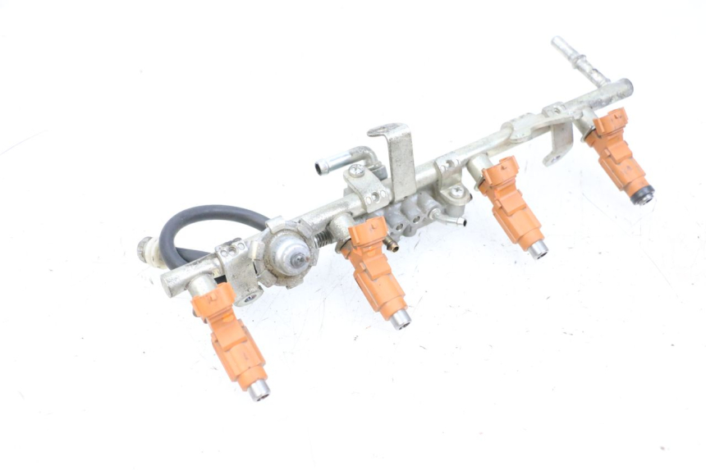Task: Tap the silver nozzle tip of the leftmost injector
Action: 259,390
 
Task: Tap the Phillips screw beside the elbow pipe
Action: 355,171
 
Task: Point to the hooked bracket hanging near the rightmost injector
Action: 559,144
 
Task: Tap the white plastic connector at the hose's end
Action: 146,248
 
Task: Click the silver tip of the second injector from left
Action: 400,319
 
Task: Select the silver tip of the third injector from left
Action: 538,249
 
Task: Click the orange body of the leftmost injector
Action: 229,337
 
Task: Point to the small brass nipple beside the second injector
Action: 392,244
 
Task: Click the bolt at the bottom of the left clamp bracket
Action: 249,298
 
